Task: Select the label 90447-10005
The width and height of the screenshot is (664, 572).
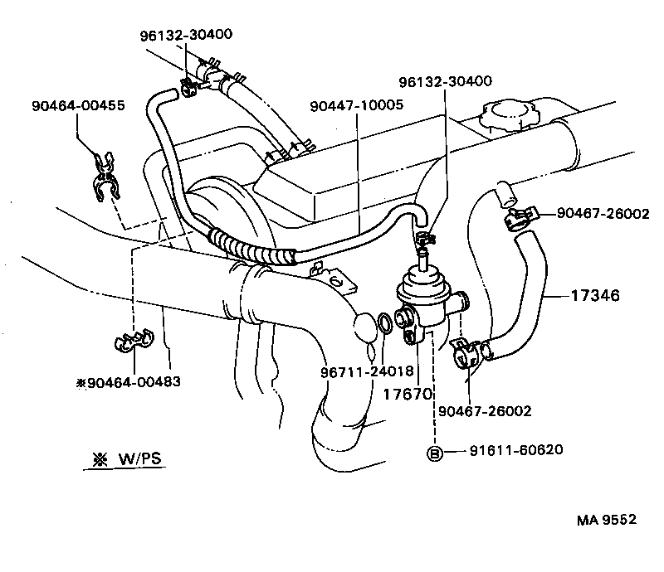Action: (x=356, y=106)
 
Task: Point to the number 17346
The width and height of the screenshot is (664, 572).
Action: (x=595, y=294)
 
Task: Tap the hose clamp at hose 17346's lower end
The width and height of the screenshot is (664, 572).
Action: (x=466, y=353)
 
